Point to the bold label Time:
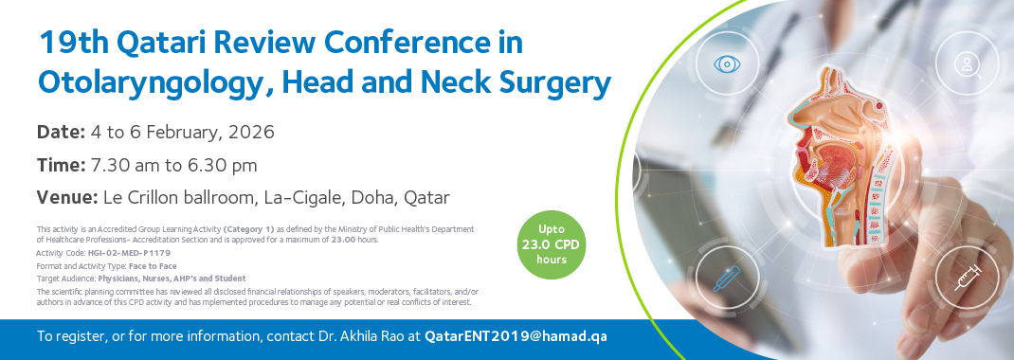pos(62,166)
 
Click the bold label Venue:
pos(67,197)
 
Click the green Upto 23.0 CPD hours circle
pos(552,245)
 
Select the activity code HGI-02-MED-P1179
pos(129,253)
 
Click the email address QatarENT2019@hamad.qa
pos(516,336)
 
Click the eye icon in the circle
pos(727,64)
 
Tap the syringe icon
pos(968,278)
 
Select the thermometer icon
pos(726,278)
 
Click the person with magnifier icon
pos(968,64)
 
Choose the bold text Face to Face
pos(153,265)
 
